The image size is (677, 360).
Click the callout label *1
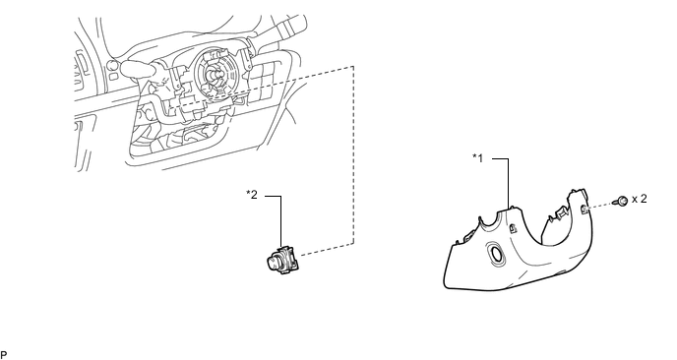(x=478, y=158)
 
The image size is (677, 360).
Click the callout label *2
(x=252, y=195)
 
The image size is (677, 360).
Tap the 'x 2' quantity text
(x=640, y=199)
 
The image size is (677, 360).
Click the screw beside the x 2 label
(x=622, y=201)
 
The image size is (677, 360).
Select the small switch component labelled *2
(x=282, y=261)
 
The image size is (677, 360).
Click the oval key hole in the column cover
(x=495, y=254)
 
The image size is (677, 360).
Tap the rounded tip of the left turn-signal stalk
(x=126, y=68)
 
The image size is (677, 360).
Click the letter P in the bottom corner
(x=4, y=355)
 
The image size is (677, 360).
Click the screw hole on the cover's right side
(x=583, y=210)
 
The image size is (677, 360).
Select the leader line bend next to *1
(x=508, y=158)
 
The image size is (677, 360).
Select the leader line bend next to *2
(x=280, y=197)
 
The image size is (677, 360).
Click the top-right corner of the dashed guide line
(x=353, y=67)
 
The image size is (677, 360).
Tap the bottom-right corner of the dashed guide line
(x=353, y=244)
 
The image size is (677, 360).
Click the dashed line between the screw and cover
(x=601, y=206)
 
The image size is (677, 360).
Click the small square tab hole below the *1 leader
(x=514, y=228)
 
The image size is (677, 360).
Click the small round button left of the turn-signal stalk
(x=111, y=66)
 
